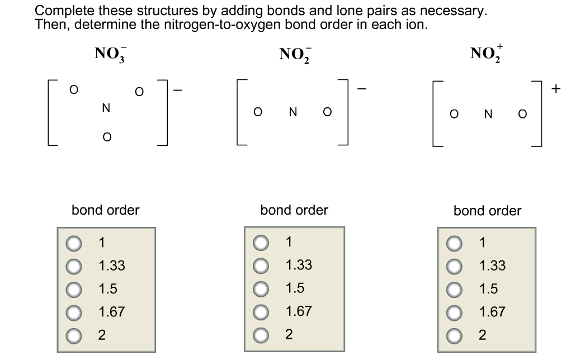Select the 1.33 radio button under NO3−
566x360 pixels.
[x=73, y=266]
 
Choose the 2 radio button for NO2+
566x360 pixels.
[x=454, y=335]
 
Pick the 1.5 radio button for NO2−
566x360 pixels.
[x=261, y=288]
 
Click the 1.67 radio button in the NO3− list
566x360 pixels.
[x=73, y=312]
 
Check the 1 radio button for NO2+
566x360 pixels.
[x=454, y=243]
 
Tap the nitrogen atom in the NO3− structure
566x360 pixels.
[x=105, y=108]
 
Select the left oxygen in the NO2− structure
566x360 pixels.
[x=257, y=112]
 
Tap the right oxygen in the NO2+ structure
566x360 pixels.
[x=522, y=114]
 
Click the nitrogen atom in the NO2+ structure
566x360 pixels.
[x=488, y=114]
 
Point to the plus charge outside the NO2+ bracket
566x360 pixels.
[x=555, y=88]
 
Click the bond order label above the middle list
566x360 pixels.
[x=294, y=210]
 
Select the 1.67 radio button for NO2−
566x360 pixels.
[x=261, y=311]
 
